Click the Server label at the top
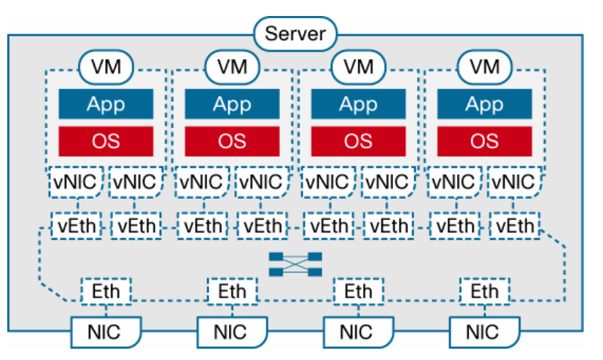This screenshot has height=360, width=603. (295, 34)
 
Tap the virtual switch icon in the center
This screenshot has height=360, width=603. (295, 265)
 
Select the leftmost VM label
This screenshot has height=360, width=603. (106, 67)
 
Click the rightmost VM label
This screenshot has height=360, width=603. (485, 67)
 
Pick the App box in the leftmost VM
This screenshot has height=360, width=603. (106, 104)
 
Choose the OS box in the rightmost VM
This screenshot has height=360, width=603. (485, 141)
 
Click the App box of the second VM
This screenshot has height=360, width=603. (232, 104)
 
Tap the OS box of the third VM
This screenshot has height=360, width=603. (359, 141)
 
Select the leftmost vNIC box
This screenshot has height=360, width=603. (76, 182)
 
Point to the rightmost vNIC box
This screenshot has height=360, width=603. (514, 182)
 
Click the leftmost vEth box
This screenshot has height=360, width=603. (77, 226)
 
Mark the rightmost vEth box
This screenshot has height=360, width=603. (515, 226)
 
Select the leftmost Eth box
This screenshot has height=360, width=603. (106, 291)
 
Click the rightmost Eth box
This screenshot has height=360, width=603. (485, 291)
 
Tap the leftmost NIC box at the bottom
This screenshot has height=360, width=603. (106, 332)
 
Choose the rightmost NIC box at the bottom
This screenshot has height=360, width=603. (485, 332)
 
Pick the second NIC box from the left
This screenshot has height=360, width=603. (232, 332)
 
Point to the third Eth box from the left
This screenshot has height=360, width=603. (359, 291)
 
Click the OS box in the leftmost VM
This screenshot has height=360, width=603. (106, 141)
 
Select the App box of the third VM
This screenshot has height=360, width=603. (359, 104)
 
